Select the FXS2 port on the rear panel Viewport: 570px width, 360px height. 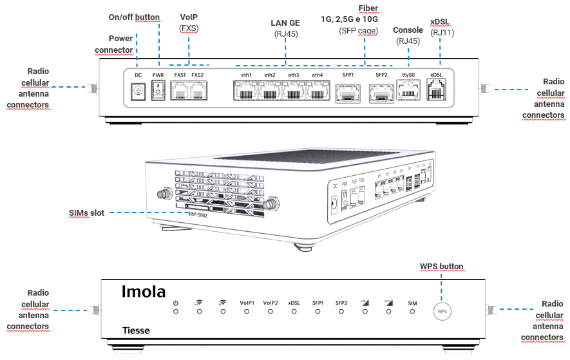pyautogui.click(x=197, y=93)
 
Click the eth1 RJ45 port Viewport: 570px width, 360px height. pyautogui.click(x=246, y=93)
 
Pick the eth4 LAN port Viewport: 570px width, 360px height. pyautogui.click(x=317, y=93)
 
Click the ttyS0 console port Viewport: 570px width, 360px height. pyautogui.click(x=407, y=93)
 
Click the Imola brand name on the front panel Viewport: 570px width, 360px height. pyautogui.click(x=144, y=292)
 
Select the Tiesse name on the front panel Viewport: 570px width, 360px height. pyautogui.click(x=137, y=330)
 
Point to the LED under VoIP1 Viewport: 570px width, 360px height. pyautogui.click(x=247, y=312)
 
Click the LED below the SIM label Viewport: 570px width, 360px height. pyautogui.click(x=413, y=312)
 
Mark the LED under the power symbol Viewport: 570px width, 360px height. pyautogui.click(x=175, y=312)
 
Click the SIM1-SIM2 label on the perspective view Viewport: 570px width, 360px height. pyautogui.click(x=200, y=213)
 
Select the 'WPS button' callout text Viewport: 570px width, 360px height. pyautogui.click(x=441, y=267)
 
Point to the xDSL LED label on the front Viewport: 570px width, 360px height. pyautogui.click(x=294, y=303)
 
